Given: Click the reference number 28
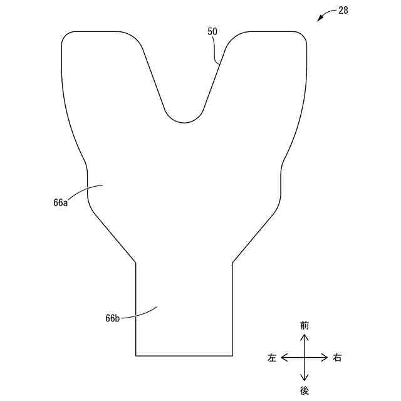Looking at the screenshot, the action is click(x=343, y=11).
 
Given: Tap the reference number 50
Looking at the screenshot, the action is click(x=212, y=32).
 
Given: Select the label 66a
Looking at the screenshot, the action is click(x=61, y=202).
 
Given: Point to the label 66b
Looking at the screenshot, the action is click(x=113, y=318).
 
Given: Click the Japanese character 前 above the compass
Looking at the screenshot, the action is click(x=304, y=326).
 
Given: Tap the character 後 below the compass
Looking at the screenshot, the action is click(x=304, y=390).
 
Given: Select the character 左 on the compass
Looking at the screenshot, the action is click(x=272, y=358).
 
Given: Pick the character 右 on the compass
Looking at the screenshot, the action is click(x=337, y=358).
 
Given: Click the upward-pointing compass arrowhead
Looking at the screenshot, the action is click(x=304, y=338).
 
